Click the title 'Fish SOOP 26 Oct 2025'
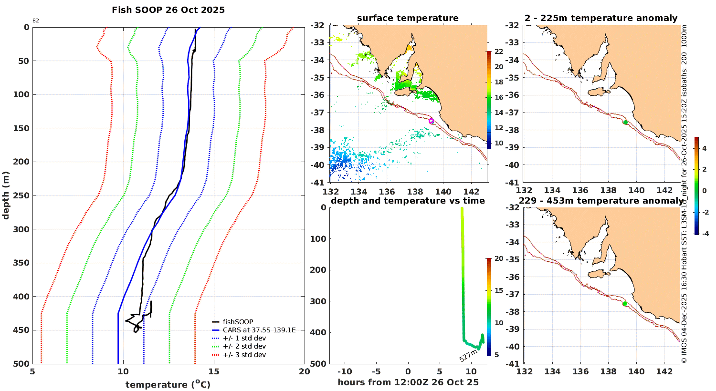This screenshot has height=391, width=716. coord(168,10)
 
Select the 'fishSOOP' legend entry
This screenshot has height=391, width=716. coord(238,322)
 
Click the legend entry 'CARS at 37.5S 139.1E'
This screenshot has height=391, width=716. coord(259,330)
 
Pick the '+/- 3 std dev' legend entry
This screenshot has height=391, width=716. coord(244,355)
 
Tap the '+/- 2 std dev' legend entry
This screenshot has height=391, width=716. coord(244,346)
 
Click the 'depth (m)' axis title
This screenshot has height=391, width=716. coord(6,195)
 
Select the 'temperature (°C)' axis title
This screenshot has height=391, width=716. coord(168,384)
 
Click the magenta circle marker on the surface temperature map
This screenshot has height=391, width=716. coord(431,121)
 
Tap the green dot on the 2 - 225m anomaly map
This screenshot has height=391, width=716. coord(625,123)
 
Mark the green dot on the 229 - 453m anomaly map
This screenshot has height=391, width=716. coord(625,304)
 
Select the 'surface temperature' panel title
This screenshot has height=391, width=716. coord(408,18)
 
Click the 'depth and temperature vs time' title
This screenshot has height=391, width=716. coord(408,201)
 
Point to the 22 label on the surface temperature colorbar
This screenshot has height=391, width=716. coord(499,51)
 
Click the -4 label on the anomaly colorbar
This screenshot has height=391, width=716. coord(704,233)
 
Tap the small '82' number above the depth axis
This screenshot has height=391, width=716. coord(36,21)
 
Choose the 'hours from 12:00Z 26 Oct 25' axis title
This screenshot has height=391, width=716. coord(408,382)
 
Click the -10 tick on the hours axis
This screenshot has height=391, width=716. coord(345,372)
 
